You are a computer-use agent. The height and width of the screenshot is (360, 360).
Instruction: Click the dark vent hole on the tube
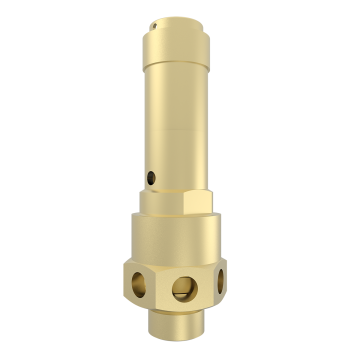(x=150, y=177)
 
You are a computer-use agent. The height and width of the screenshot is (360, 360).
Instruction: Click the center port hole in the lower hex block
(x=182, y=290)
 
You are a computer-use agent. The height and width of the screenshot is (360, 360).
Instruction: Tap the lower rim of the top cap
(x=174, y=59)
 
